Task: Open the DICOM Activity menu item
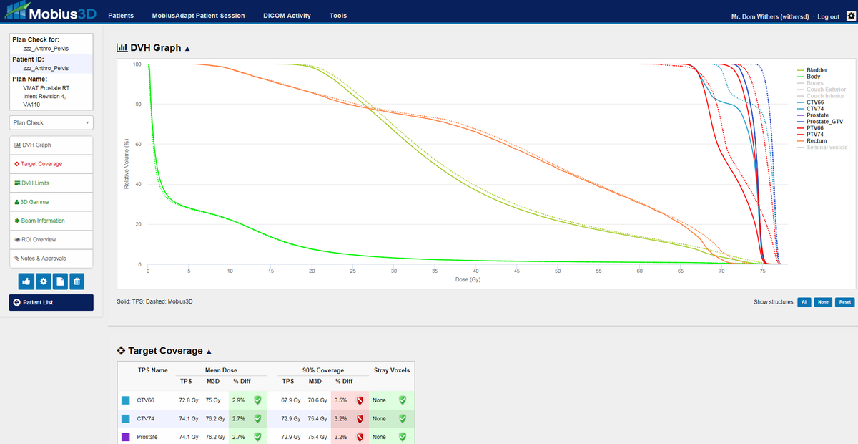click(x=287, y=16)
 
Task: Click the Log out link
click(x=828, y=16)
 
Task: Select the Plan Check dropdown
click(x=51, y=123)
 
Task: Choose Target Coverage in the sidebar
click(x=41, y=164)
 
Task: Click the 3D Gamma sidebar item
click(x=36, y=202)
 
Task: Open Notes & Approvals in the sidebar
click(x=44, y=259)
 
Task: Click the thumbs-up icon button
click(x=26, y=281)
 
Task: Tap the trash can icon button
click(x=77, y=281)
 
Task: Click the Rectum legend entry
click(x=816, y=141)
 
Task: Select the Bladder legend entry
click(x=817, y=70)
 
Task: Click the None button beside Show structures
click(x=823, y=302)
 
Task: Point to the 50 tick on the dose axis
click(x=558, y=271)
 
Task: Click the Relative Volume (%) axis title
click(x=127, y=164)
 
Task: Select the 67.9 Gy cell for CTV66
click(x=288, y=400)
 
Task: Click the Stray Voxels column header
click(x=391, y=370)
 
